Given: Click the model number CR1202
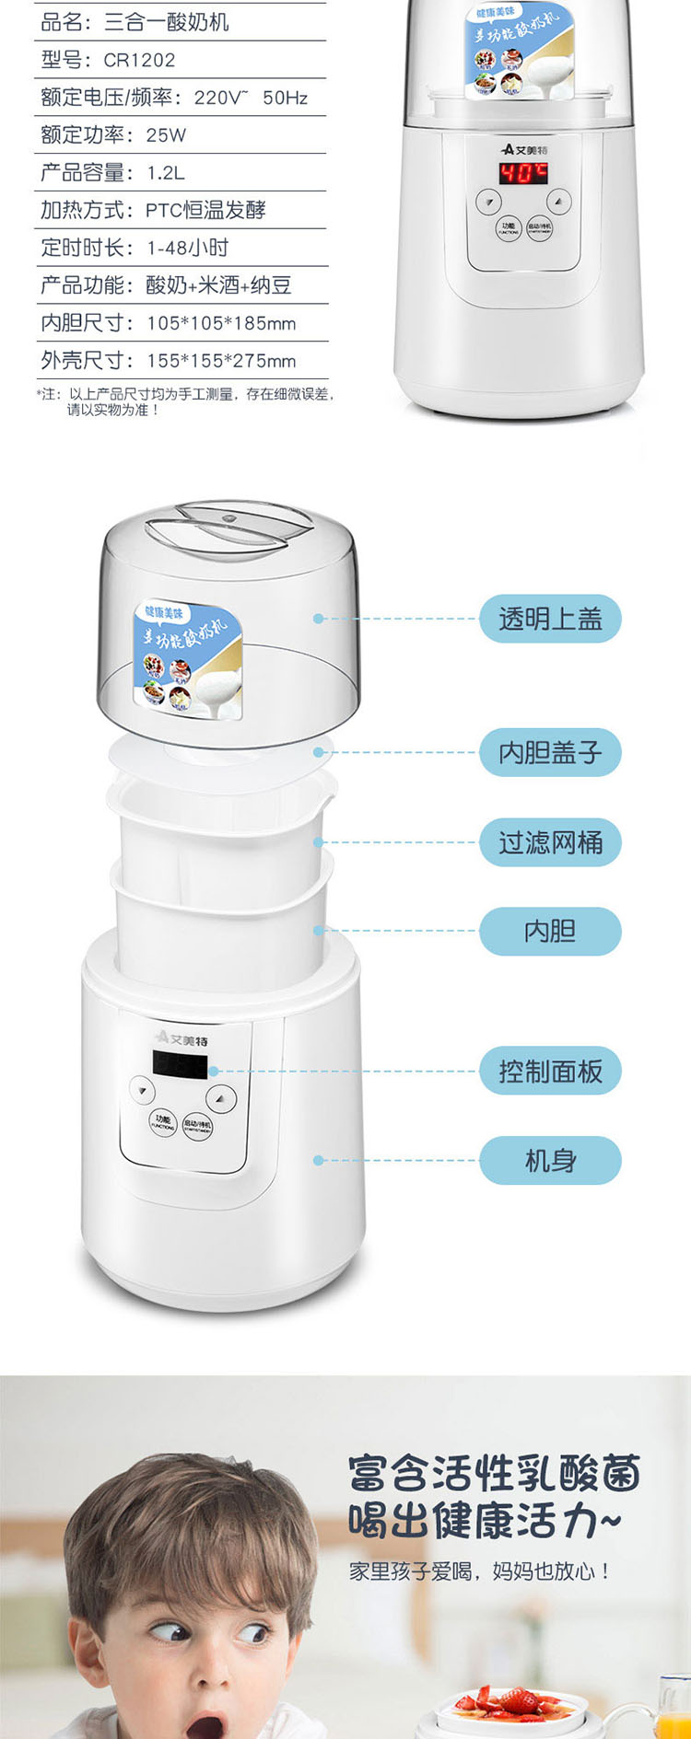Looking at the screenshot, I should pos(139,61).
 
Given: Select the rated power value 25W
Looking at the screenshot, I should pos(166,135).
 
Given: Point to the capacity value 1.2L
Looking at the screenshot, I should pos(166,173).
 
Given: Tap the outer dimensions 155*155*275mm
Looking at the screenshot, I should pos(221,361).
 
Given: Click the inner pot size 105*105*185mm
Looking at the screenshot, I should pos(221,323).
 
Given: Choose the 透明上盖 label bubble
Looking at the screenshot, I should pos(550,619).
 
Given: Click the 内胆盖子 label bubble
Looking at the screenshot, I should pos(550,753).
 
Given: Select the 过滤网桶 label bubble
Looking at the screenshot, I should pos(550,842).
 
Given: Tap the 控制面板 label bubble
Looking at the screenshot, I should pos(550,1072).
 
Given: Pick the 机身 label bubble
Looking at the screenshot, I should pos(550,1161).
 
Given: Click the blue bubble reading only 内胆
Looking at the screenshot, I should pos(550,932).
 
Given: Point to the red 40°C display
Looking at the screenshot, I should pos(523,173).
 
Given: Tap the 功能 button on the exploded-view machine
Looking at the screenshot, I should pos(163,1122).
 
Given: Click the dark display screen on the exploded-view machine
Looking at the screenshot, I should pos(181,1065).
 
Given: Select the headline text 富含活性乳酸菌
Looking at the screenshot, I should pos(494,1474).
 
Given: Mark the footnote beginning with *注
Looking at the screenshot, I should pos(184,401).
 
